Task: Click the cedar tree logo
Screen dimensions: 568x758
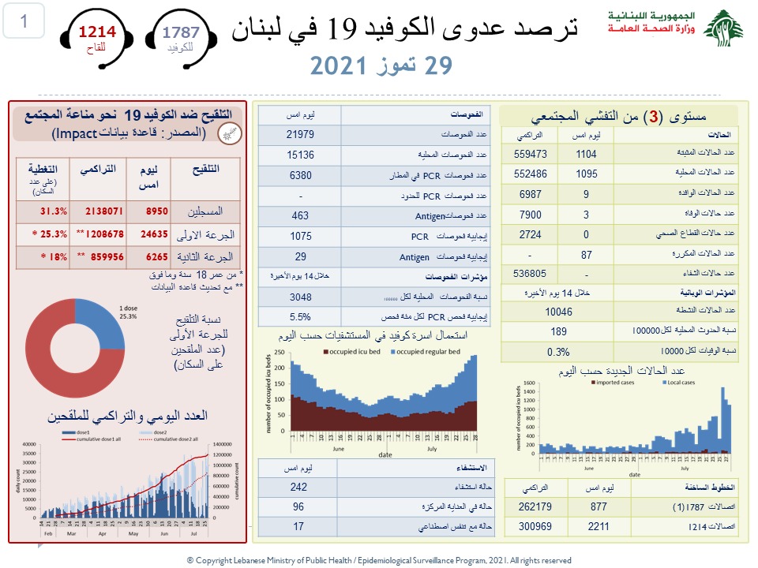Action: (723, 29)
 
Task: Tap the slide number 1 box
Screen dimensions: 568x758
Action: (23, 22)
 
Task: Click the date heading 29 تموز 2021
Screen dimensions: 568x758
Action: (381, 65)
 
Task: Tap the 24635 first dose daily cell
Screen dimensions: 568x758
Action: (145, 234)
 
